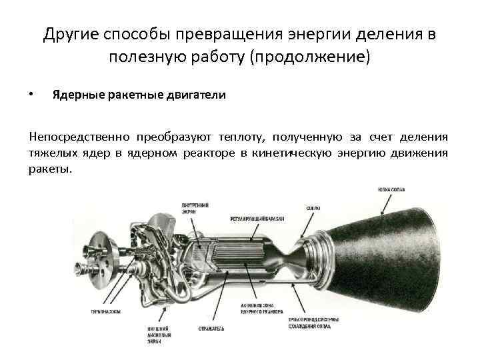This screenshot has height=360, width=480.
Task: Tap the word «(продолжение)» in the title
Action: pyautogui.click(x=309, y=57)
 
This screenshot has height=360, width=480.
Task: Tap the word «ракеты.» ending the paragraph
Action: pyautogui.click(x=49, y=169)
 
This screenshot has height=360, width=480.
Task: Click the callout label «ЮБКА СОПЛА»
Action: pyautogui.click(x=393, y=190)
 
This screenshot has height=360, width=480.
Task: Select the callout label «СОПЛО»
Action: pyautogui.click(x=312, y=207)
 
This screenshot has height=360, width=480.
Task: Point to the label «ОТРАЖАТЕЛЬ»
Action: pyautogui.click(x=211, y=329)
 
